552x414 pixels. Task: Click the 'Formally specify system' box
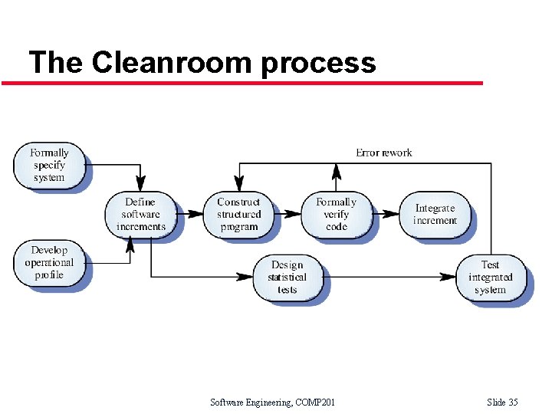click(x=49, y=165)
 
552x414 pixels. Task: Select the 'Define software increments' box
click(x=140, y=214)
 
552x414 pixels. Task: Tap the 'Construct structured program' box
click(x=238, y=214)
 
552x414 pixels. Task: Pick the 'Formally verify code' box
click(x=337, y=214)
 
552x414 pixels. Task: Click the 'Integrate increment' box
click(x=435, y=214)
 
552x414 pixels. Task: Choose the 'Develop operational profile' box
click(x=49, y=262)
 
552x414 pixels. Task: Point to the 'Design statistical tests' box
click(x=287, y=277)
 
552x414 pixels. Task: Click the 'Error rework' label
click(x=383, y=153)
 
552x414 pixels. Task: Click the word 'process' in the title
click(x=318, y=63)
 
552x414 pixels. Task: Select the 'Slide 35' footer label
click(x=502, y=402)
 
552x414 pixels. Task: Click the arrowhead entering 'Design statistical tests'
click(x=248, y=276)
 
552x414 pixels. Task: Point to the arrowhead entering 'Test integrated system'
click(x=450, y=276)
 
